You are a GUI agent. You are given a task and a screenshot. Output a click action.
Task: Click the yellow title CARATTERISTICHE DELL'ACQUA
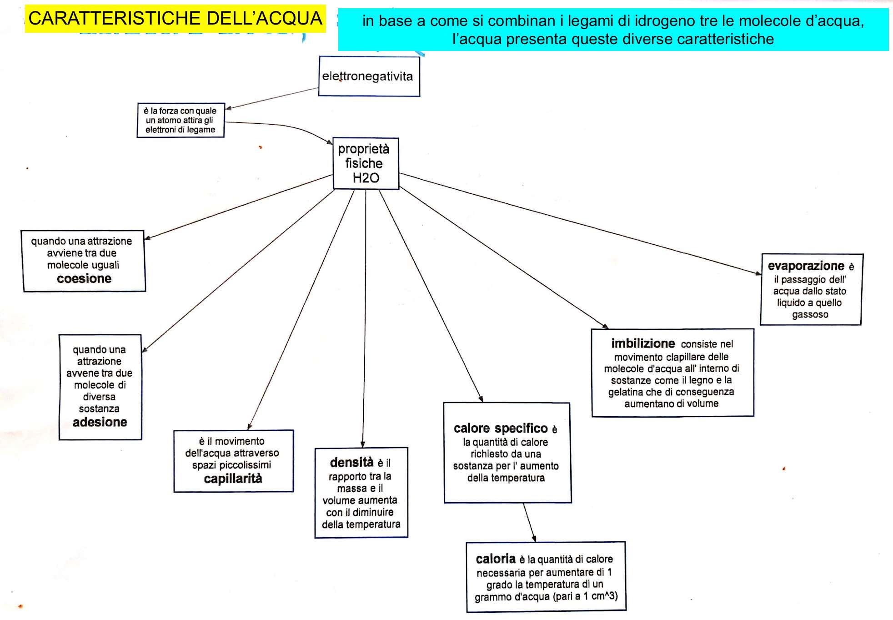pyautogui.click(x=175, y=19)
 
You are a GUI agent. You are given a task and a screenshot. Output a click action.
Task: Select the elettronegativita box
pyautogui.click(x=369, y=76)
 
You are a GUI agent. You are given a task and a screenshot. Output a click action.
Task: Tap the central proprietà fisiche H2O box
pyautogui.click(x=366, y=163)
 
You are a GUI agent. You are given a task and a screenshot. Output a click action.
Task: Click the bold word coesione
pyautogui.click(x=84, y=278)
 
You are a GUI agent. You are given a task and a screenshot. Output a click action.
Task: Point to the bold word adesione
pyautogui.click(x=100, y=422)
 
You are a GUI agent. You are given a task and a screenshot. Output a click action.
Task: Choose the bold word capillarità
pyautogui.click(x=233, y=479)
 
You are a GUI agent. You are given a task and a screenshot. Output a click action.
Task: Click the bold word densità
pyautogui.click(x=351, y=463)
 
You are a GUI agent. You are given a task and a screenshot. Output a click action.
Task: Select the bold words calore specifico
pyautogui.click(x=501, y=428)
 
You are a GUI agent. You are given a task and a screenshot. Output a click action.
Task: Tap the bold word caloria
pyautogui.click(x=496, y=559)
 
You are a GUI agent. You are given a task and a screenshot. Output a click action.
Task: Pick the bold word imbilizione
pyautogui.click(x=643, y=343)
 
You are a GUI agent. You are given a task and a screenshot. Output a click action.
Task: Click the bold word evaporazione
pyautogui.click(x=806, y=266)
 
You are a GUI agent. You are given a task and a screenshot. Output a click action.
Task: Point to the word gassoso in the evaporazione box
pyautogui.click(x=810, y=314)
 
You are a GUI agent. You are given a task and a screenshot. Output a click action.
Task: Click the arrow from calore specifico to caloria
pyautogui.click(x=529, y=522)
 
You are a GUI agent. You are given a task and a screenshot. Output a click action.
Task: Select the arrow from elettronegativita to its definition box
pyautogui.click(x=273, y=98)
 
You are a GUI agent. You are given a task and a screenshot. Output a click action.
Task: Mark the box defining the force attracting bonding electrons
pyautogui.click(x=181, y=120)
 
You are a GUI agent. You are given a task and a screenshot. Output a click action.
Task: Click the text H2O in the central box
pyautogui.click(x=366, y=178)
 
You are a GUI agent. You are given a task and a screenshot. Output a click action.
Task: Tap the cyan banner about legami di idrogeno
pyautogui.click(x=613, y=30)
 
